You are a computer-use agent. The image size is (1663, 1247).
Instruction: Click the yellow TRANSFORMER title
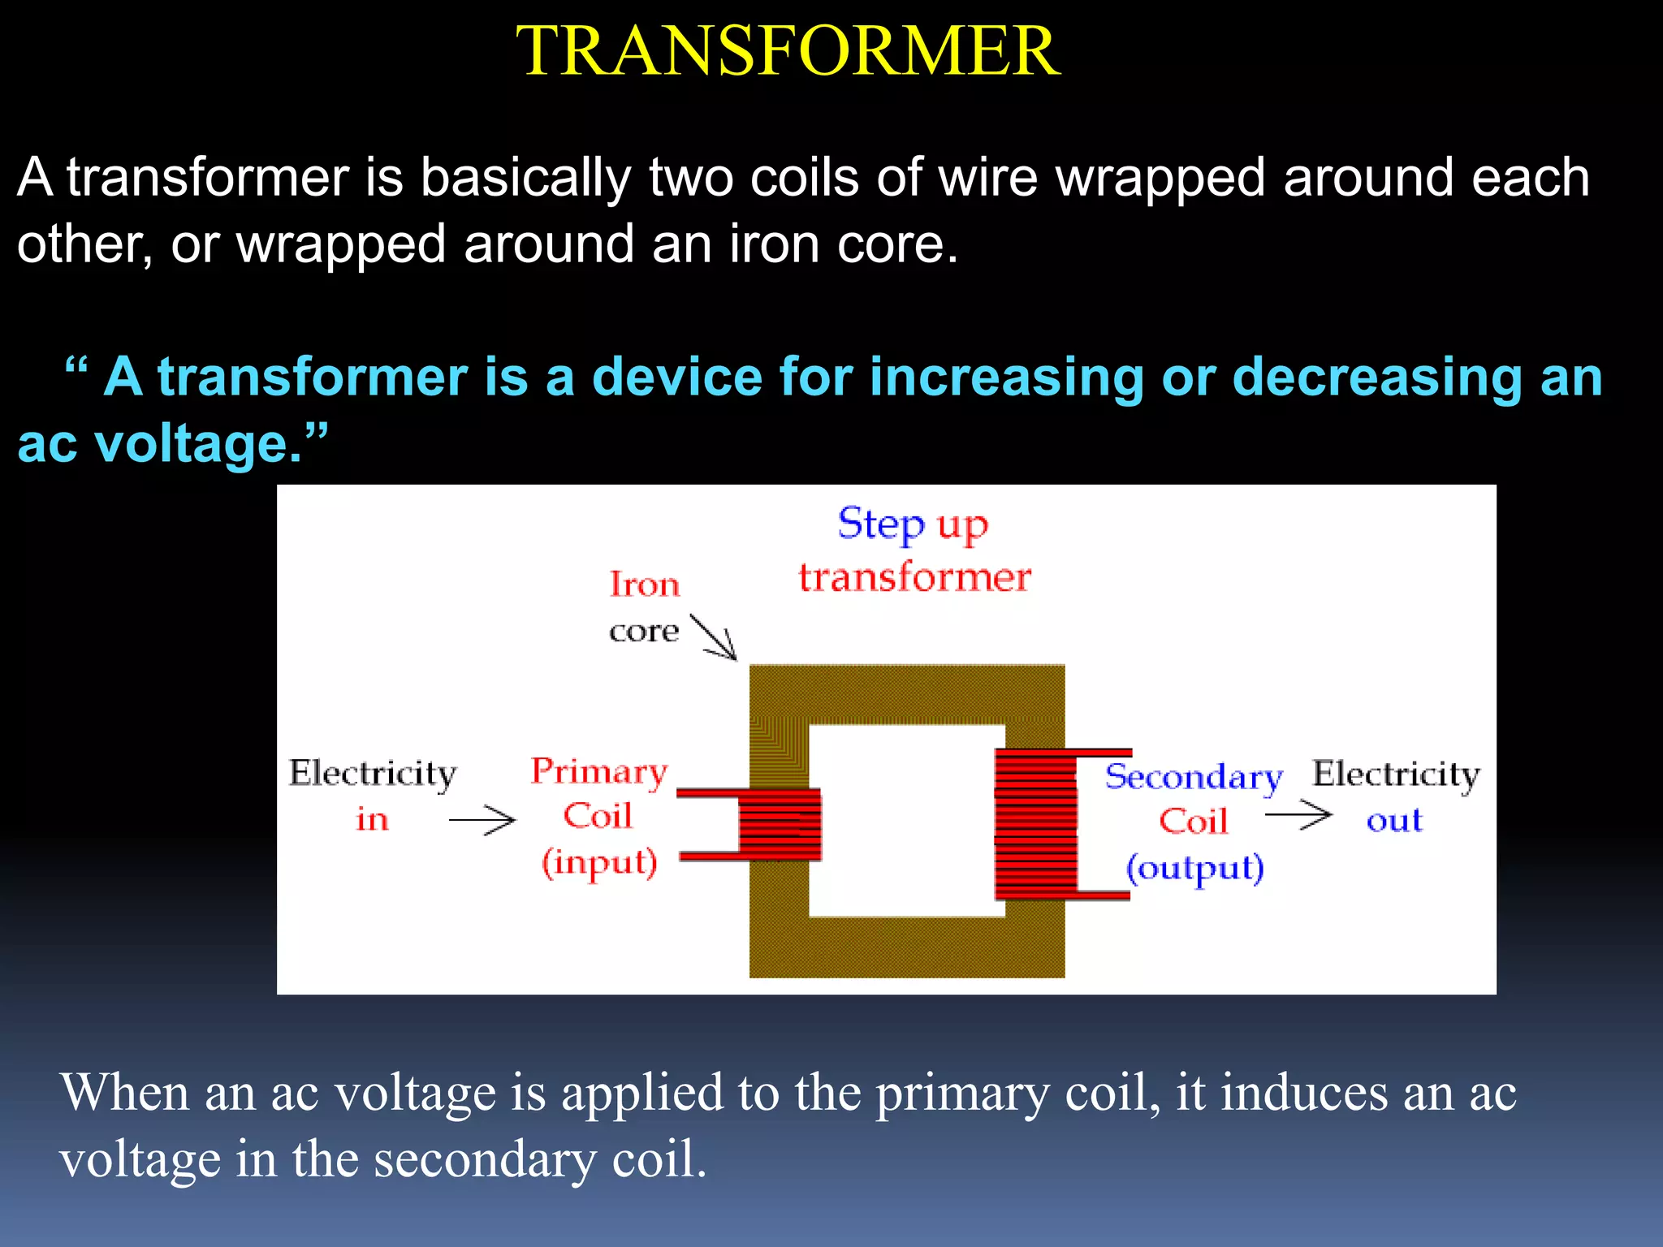pos(788,50)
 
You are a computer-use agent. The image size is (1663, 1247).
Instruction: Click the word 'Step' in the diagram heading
pos(880,524)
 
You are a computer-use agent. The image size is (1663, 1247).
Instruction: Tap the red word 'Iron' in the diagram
pos(644,585)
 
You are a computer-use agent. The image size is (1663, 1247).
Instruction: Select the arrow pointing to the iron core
pos(713,637)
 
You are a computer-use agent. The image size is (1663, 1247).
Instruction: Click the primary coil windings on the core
pos(780,824)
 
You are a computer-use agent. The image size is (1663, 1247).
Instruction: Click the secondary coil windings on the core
pos(1036,824)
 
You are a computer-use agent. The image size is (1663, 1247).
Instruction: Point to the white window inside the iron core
pos(906,820)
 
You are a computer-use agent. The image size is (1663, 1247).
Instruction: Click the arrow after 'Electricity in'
pos(482,820)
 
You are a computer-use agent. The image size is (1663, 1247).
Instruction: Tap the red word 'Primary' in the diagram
pos(599,771)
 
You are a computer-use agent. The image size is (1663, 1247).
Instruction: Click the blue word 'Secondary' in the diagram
pos(1193,777)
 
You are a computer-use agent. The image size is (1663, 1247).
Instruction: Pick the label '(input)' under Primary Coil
pos(599,862)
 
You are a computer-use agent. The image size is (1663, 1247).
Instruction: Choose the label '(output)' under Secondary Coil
pos(1194,868)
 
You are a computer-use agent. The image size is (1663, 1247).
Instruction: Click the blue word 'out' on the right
pos(1394,820)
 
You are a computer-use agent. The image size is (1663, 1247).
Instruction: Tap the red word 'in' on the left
pos(372,819)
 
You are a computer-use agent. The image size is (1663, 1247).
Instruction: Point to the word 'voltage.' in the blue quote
pos(199,444)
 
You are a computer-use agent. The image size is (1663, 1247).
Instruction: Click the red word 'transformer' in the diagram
pos(914,577)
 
